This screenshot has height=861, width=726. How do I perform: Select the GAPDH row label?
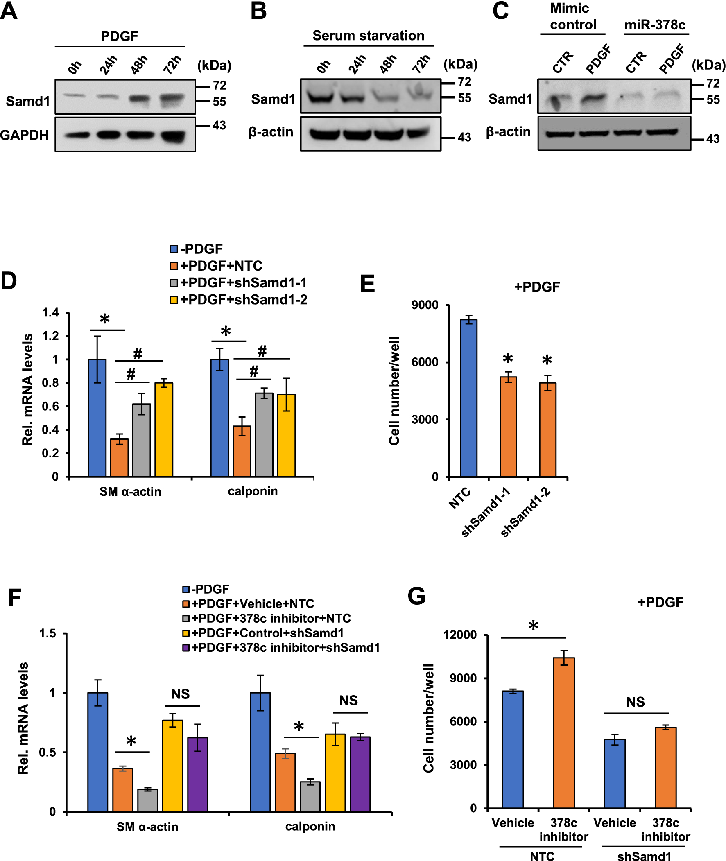pos(24,135)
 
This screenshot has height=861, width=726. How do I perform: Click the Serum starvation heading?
pos(368,36)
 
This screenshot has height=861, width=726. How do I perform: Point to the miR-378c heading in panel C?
pos(654,25)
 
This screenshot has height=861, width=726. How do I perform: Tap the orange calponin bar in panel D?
pos(242,451)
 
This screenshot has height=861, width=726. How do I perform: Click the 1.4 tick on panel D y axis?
pos(50,313)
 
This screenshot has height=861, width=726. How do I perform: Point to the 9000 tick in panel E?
pos(425,305)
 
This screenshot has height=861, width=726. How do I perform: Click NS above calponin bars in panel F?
pos(348,700)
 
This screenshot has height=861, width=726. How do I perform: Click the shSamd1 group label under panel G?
pos(644,856)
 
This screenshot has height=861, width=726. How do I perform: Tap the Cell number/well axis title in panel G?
pos(428,718)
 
